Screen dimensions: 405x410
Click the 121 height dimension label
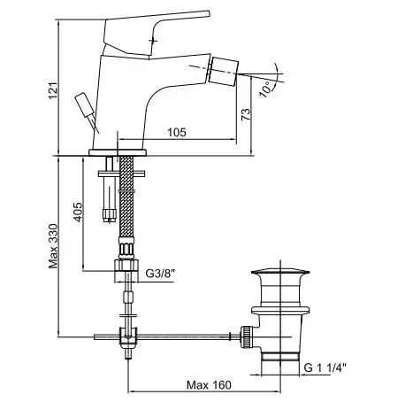[53, 90]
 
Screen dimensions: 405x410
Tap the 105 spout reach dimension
[177, 132]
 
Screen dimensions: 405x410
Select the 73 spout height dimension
[246, 114]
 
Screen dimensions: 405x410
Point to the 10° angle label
[265, 89]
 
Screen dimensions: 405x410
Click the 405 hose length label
[78, 212]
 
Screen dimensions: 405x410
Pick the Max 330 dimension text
[53, 246]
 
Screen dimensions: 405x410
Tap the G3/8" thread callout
[160, 274]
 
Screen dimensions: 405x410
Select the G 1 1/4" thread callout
[325, 367]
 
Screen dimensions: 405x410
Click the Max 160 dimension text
[209, 385]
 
